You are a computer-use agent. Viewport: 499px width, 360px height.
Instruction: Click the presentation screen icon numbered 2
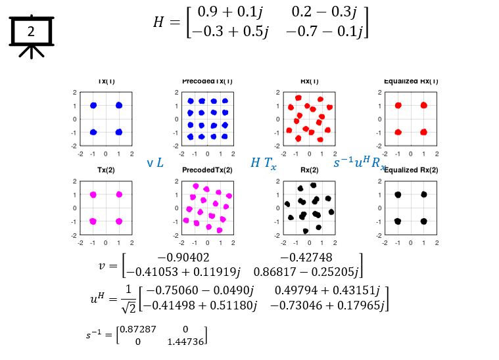31,33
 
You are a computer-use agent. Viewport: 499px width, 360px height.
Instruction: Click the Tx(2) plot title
106,170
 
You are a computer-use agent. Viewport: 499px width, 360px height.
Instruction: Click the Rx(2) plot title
309,170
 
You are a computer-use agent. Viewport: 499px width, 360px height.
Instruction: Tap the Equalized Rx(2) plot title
411,170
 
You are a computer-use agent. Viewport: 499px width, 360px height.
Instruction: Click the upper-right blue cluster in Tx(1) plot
119,105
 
